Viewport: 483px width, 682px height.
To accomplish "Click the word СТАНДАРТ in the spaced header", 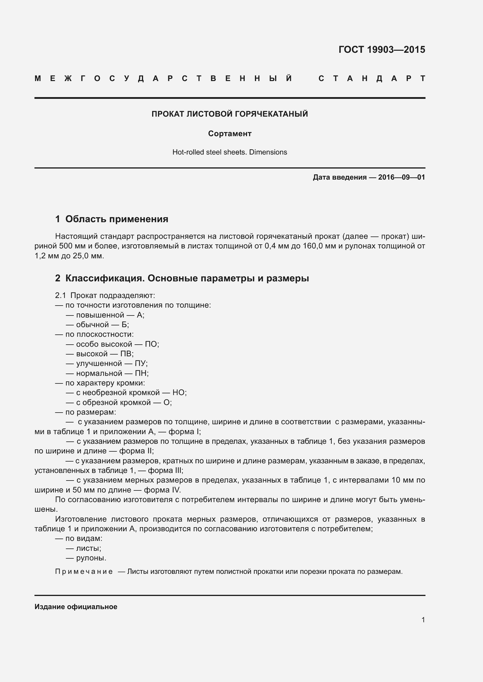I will point(371,78).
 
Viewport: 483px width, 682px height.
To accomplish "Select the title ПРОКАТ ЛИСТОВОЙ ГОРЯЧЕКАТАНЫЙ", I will point(230,114).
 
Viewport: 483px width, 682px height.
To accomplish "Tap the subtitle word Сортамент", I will point(230,134).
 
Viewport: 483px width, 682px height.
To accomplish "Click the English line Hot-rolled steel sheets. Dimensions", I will point(230,152).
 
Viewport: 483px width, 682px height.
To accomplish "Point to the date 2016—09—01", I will point(401,177).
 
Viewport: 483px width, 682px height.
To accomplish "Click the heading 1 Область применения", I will point(112,219).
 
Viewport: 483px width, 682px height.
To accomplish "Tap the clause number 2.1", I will point(60,295).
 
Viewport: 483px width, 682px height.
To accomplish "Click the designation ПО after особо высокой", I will point(151,344).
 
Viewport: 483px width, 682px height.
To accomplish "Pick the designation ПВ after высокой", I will point(126,354).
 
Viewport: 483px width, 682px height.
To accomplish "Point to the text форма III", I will point(165,470).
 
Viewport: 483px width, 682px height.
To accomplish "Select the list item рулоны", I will point(91,558).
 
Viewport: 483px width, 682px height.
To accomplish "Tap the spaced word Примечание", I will point(84,571).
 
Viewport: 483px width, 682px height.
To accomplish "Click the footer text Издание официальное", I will point(76,607).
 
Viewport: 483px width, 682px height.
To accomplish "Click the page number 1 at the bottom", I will point(423,620).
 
